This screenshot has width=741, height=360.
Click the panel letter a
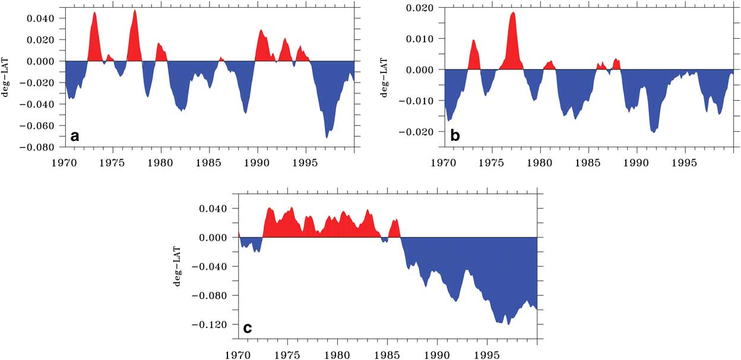click(x=75, y=136)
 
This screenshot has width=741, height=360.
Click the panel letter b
click(x=455, y=136)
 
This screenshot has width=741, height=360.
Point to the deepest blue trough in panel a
click(x=327, y=137)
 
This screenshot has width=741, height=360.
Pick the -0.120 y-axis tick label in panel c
click(x=211, y=324)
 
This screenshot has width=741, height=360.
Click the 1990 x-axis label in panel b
click(x=636, y=162)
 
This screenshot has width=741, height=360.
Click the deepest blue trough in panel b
click(x=654, y=131)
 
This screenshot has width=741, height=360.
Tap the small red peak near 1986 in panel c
click(x=395, y=221)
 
